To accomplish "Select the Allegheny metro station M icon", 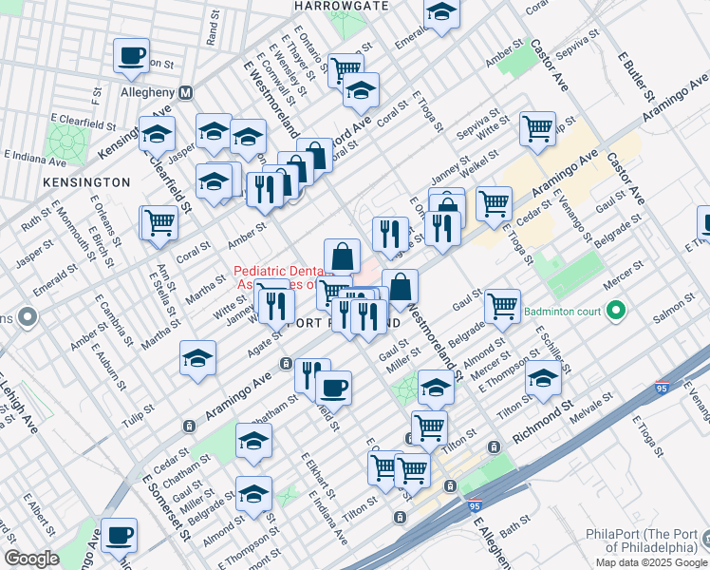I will click(186, 92).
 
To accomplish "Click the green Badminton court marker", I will click(616, 310).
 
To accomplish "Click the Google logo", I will click(31, 559).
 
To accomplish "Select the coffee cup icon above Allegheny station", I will click(131, 55).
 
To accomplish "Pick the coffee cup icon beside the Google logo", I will click(119, 535).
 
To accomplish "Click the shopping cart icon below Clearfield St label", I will click(159, 222).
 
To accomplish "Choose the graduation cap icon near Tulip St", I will click(196, 358).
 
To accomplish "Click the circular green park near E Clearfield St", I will click(66, 142).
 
